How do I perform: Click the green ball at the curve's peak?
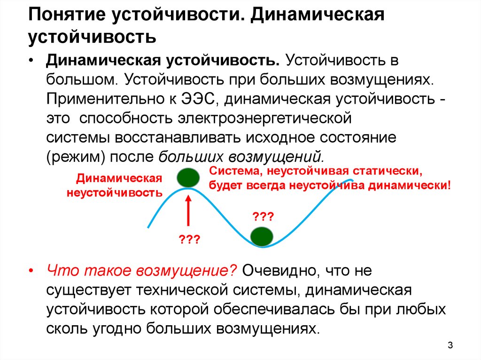[x=188, y=177]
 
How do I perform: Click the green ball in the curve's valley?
[x=262, y=237]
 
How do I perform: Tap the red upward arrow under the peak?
[x=188, y=211]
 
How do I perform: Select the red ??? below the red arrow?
[x=189, y=239]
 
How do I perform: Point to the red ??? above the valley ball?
[x=263, y=217]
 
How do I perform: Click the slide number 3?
[x=450, y=345]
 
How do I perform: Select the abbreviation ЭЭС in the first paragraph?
[x=197, y=99]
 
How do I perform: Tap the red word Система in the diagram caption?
[x=234, y=171]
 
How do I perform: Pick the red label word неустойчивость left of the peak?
[x=115, y=193]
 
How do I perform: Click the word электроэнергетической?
[x=264, y=119]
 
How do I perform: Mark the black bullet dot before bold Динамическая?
[x=31, y=61]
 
